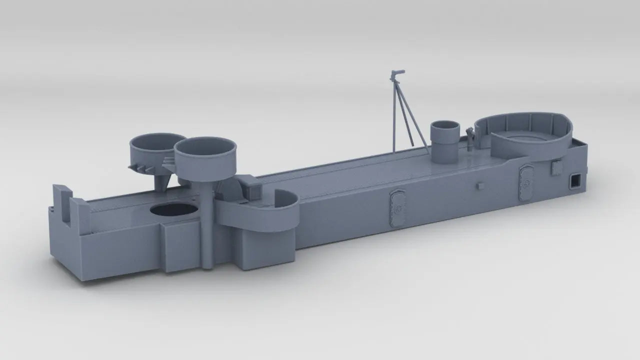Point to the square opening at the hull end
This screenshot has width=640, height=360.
(576, 180)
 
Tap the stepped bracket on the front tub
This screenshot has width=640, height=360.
(169, 161)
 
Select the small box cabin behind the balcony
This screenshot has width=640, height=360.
(250, 186)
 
